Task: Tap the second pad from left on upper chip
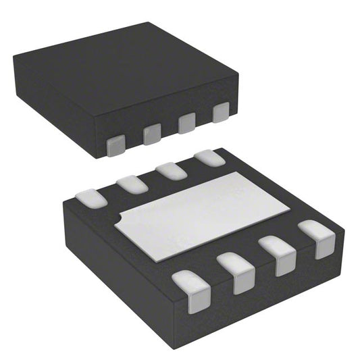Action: click(x=152, y=134)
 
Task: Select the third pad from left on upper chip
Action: click(x=186, y=124)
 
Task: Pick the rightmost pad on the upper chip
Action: click(x=221, y=113)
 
